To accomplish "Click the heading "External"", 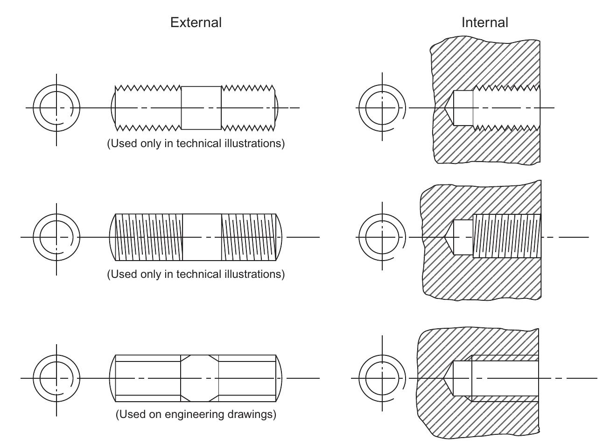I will (196, 22).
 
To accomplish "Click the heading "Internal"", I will (484, 22).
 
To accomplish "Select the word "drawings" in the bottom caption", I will (254, 414).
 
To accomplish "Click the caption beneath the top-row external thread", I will (196, 143).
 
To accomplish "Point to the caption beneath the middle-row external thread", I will (196, 274).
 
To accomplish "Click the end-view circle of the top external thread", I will (56, 108).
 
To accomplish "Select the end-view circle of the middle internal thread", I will (382, 237).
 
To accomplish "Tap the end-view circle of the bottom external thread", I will (56, 378).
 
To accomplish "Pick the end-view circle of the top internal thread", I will (382, 108).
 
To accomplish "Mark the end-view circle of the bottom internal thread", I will (382, 378).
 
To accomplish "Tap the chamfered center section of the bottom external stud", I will (199, 378).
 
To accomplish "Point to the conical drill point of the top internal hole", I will (447, 108).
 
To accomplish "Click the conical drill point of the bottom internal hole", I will (447, 378).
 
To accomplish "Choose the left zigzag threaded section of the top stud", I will (148, 108).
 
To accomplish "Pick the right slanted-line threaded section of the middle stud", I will (248, 237).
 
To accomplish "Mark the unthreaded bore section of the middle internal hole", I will (463, 237).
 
